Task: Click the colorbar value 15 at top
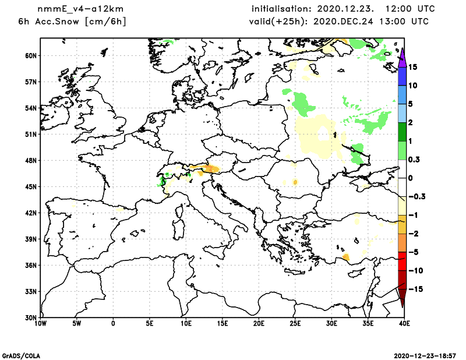click(x=412, y=67)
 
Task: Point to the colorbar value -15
click(x=414, y=290)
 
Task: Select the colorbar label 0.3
click(x=414, y=160)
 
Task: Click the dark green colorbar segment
click(x=401, y=132)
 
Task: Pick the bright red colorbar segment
click(x=401, y=262)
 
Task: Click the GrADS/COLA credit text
click(x=21, y=355)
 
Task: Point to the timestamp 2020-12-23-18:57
click(x=428, y=355)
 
